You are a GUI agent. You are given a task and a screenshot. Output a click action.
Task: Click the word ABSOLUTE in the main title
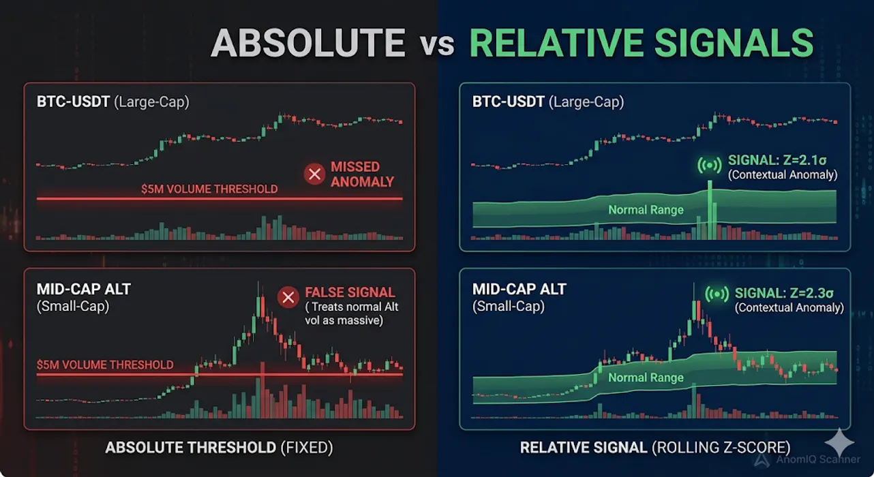307,43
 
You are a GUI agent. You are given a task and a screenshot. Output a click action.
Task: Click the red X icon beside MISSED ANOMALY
315,174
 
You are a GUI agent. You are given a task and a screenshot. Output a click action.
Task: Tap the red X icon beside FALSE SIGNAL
288,297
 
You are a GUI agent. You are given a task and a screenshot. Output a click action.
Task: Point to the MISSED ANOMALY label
361,174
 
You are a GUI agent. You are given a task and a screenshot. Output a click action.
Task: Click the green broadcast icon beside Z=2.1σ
710,165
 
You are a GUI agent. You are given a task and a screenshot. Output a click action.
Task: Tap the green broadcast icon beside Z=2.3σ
717,294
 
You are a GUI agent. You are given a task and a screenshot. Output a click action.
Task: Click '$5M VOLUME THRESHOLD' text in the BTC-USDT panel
209,189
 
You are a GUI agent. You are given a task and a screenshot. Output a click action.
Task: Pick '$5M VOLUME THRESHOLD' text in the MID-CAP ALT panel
105,365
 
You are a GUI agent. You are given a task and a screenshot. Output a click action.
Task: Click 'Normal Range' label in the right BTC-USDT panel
646,210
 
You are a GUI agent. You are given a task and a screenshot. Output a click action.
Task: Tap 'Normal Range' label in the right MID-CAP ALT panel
646,378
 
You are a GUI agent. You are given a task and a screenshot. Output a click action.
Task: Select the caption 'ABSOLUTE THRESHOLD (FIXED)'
219,448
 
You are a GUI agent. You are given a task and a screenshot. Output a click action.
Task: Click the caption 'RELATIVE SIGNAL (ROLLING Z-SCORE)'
655,448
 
